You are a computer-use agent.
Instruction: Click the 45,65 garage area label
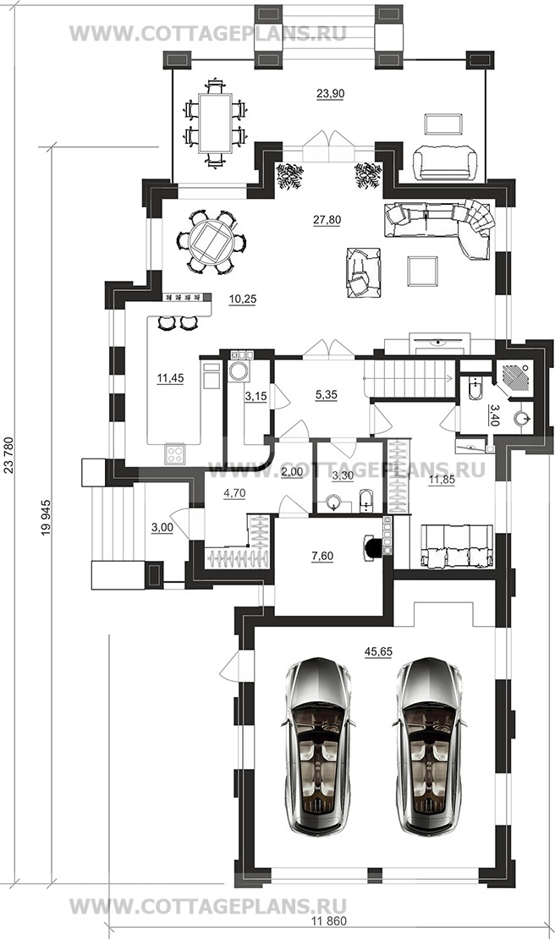tap(378, 651)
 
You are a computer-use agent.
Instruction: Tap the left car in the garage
tap(317, 746)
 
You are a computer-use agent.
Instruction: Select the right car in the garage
tap(430, 746)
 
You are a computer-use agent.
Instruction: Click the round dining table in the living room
tap(211, 242)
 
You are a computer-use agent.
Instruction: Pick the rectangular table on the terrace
tap(215, 124)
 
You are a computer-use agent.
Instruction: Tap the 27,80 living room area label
tap(327, 220)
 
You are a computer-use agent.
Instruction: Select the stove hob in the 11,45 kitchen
tap(175, 453)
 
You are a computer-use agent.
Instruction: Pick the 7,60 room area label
tap(322, 557)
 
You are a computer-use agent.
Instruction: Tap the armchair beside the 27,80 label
tap(363, 272)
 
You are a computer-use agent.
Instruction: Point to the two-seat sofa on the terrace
tap(445, 162)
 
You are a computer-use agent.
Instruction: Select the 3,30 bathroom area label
tap(343, 477)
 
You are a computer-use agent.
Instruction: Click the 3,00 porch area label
tap(162, 527)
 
